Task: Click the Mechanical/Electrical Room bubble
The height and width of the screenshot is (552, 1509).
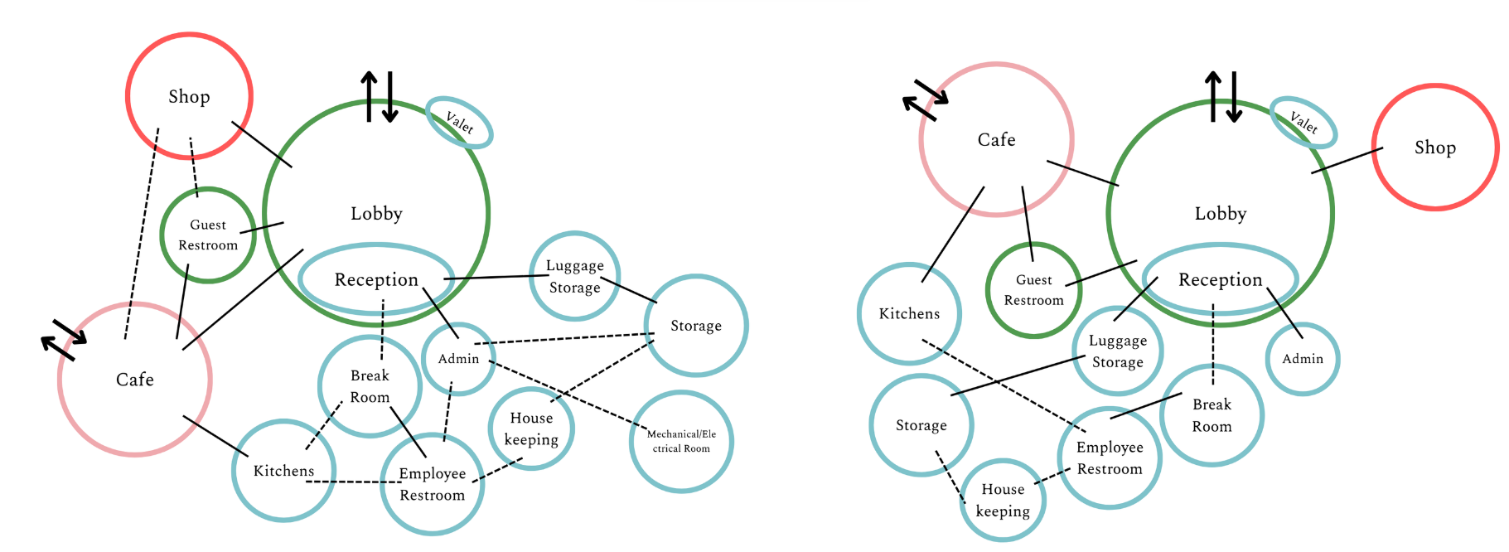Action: (x=681, y=441)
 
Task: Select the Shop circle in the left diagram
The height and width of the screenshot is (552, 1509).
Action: (x=189, y=96)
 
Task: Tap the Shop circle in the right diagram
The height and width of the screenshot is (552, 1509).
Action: (x=1434, y=148)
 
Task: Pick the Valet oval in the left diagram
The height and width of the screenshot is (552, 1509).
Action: (x=459, y=123)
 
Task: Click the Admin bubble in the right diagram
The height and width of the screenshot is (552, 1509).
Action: (x=1303, y=359)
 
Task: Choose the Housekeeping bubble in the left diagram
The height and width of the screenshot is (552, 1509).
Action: (x=531, y=429)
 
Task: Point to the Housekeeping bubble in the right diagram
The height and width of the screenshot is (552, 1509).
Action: (x=1003, y=500)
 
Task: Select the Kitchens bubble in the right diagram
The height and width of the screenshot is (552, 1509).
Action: (x=909, y=313)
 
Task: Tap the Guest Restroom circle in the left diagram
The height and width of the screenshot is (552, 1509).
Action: (x=208, y=235)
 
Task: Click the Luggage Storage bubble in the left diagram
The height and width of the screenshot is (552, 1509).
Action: (x=574, y=276)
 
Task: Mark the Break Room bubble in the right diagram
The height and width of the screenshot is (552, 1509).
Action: (x=1212, y=415)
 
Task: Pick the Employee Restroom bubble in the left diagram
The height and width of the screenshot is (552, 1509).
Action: (x=432, y=484)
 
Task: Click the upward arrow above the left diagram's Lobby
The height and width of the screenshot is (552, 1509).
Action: (x=369, y=95)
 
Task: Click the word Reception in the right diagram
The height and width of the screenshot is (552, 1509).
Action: (x=1220, y=280)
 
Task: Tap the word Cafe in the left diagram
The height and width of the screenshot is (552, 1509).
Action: (x=135, y=380)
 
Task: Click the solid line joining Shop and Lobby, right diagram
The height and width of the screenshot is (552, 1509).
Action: (x=1347, y=161)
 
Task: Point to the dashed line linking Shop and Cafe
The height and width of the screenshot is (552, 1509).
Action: (x=142, y=232)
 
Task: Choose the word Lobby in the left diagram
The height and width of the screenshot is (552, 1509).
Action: (x=376, y=214)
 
